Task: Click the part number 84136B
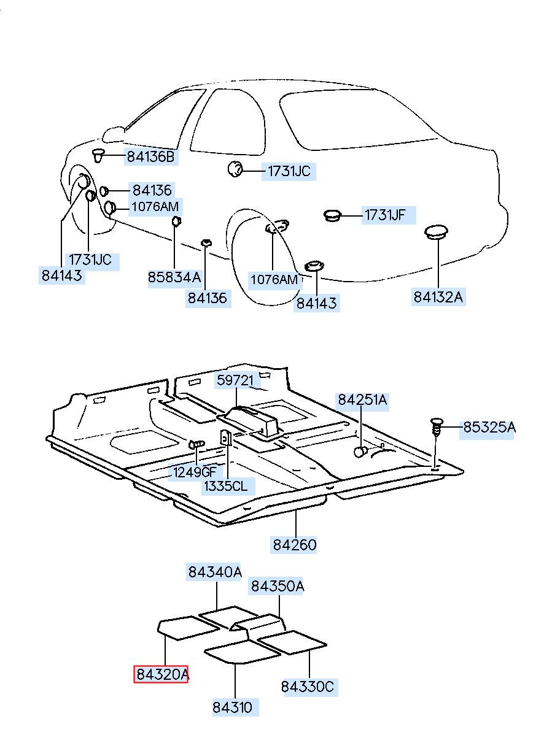[x=150, y=157]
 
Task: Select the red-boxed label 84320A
[x=161, y=674]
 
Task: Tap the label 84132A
[x=438, y=297]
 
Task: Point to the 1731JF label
[x=385, y=215]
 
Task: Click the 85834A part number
[x=174, y=277]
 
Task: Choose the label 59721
[x=235, y=380]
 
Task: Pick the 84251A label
[x=362, y=400]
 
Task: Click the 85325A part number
[x=489, y=427]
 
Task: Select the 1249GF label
[x=195, y=472]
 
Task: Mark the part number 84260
[x=295, y=544]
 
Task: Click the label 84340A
[x=215, y=572]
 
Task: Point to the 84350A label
[x=276, y=586]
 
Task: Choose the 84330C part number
[x=308, y=686]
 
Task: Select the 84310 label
[x=233, y=707]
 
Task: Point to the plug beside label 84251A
[x=361, y=452]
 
